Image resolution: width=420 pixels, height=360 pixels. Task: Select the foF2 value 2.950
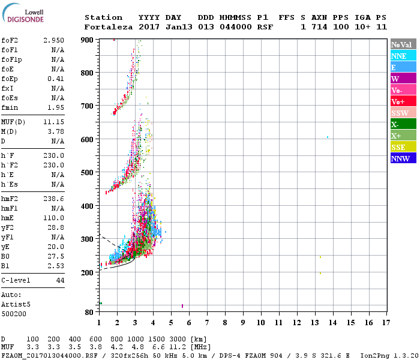pyautogui.click(x=54, y=40)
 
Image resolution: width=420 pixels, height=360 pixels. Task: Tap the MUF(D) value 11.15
pyautogui.click(x=54, y=122)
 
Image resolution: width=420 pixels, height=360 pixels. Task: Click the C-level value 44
pyautogui.click(x=60, y=280)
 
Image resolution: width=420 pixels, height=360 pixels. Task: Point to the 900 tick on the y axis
pyautogui.click(x=88, y=40)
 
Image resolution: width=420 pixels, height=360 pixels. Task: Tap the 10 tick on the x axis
pyautogui.click(x=260, y=323)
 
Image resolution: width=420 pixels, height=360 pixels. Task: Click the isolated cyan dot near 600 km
pyautogui.click(x=327, y=137)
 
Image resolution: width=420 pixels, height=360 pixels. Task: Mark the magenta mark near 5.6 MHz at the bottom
pyautogui.click(x=182, y=306)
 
